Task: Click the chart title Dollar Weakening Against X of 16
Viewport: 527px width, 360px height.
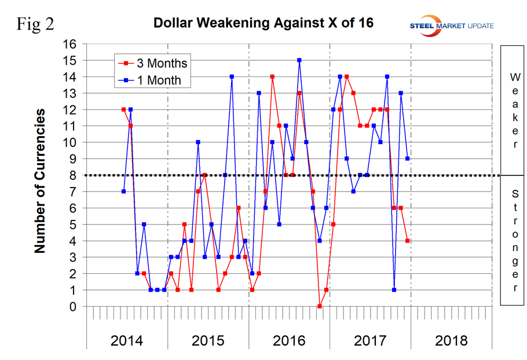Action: point(263,24)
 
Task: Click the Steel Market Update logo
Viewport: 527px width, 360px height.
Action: point(451,24)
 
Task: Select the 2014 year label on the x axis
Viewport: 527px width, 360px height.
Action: point(127,340)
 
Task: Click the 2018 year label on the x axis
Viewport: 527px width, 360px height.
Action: point(451,340)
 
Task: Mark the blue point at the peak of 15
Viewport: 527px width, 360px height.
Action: point(299,60)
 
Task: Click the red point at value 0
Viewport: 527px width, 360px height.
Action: point(320,306)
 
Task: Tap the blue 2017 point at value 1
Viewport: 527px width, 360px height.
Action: point(394,290)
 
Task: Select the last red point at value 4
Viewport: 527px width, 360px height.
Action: point(408,241)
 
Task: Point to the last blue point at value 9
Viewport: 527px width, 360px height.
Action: point(408,159)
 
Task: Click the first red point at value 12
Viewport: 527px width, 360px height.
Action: point(123,109)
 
